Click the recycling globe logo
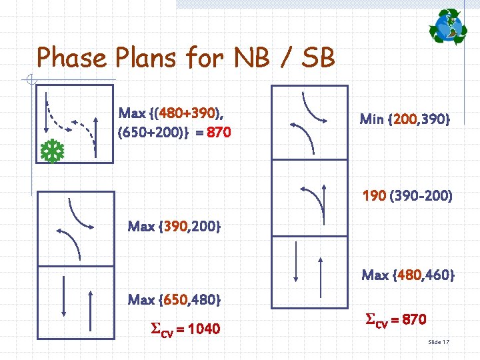[447, 27]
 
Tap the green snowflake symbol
[49, 152]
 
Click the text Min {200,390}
[405, 119]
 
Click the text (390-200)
[422, 196]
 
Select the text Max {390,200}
[174, 226]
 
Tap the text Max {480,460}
[408, 274]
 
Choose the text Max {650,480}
[174, 299]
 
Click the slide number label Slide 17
[439, 342]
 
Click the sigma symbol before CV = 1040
[157, 328]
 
